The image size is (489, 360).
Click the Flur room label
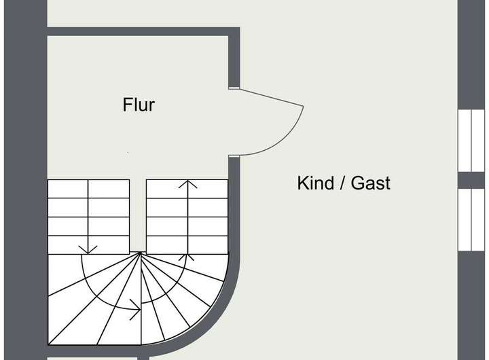[x=139, y=105]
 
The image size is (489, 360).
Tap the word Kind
[x=314, y=183]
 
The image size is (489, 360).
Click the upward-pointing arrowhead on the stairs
[x=188, y=183]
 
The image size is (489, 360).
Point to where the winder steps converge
[x=141, y=253]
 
